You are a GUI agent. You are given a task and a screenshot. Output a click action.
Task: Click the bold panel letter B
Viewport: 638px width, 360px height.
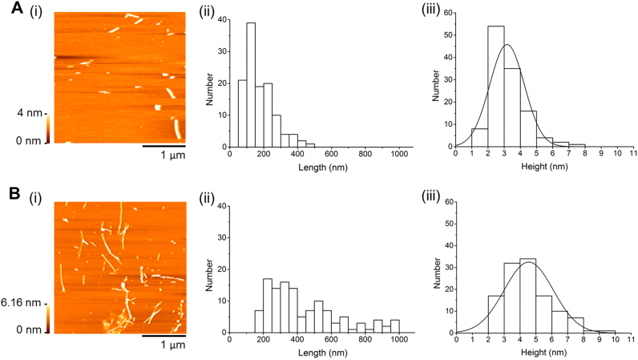[x=7, y=193]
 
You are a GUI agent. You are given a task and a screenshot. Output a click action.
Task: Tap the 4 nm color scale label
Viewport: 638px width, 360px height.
[x=27, y=114]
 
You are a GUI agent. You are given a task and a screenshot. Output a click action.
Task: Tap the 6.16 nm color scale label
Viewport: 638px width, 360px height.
[x=23, y=303]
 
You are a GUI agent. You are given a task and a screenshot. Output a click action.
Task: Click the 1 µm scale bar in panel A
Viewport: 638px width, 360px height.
[x=164, y=146]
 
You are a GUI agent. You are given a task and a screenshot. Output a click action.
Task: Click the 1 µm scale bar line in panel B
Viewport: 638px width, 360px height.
[x=164, y=335]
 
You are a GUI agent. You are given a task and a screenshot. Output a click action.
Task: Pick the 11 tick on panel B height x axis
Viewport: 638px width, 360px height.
[x=633, y=341]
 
